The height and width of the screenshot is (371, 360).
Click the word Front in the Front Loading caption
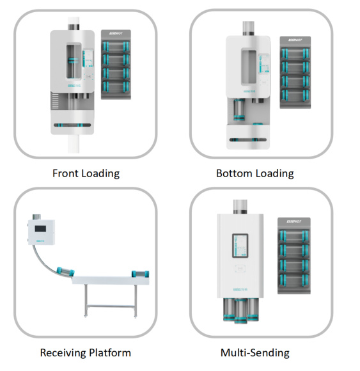[x=65, y=173]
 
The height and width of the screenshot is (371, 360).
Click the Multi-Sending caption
[x=254, y=352]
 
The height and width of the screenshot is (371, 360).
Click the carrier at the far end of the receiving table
[x=141, y=274]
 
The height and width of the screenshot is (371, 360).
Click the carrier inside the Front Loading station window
[x=72, y=63]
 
